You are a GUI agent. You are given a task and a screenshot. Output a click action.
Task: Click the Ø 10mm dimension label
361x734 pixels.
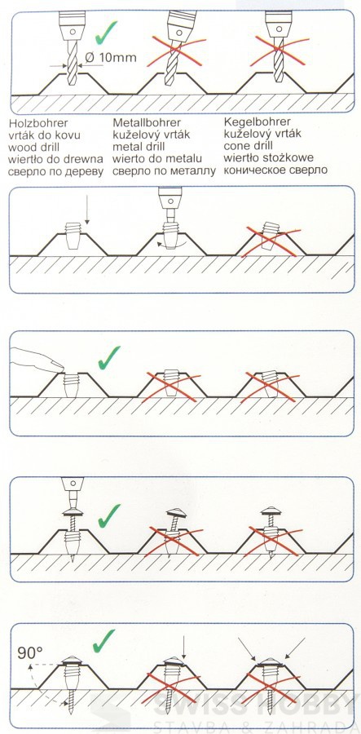click(x=110, y=58)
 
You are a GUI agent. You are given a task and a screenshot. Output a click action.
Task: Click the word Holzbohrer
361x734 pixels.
click(x=38, y=123)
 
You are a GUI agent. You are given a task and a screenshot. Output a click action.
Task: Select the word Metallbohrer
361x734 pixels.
click(x=147, y=122)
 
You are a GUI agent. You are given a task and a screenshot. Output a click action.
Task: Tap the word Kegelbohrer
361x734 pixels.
click(x=257, y=122)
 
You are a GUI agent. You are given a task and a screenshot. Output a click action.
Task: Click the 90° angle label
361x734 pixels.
click(x=30, y=652)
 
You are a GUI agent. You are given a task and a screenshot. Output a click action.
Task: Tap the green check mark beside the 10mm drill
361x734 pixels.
click(x=106, y=33)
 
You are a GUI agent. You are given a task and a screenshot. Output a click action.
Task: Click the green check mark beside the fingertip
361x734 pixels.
click(x=109, y=357)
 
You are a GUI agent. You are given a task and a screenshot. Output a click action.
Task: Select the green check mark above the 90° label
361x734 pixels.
click(x=103, y=640)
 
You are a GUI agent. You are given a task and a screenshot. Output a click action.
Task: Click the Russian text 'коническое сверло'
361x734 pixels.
click(x=275, y=170)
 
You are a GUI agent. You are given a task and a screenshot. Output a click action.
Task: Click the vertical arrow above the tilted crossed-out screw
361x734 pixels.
click(x=183, y=647)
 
